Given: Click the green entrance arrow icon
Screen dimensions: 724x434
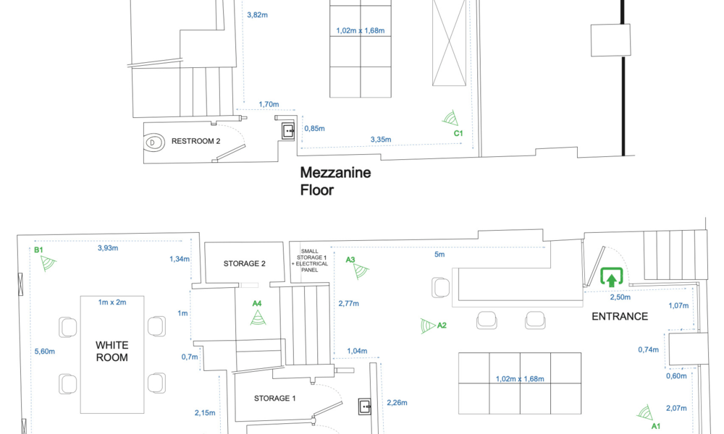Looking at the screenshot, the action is click(x=612, y=277).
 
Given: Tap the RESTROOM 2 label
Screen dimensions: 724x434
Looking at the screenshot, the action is click(x=195, y=141).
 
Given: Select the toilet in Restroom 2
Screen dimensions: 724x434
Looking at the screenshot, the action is click(x=154, y=142).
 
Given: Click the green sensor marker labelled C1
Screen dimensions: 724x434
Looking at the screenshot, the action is click(x=450, y=118).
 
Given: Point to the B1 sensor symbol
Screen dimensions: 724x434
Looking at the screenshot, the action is click(x=48, y=263).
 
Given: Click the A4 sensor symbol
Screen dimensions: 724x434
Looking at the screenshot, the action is click(x=258, y=318).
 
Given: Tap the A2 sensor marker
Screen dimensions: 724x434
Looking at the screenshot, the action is click(x=428, y=325).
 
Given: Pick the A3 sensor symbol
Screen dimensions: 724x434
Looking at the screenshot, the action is click(x=361, y=271).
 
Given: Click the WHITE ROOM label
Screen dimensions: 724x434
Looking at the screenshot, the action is click(x=111, y=352).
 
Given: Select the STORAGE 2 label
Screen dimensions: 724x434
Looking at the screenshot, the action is click(x=244, y=264).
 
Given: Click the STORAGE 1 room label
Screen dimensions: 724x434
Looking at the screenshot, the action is click(x=274, y=398).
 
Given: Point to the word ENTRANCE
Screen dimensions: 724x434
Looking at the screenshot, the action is click(x=620, y=316).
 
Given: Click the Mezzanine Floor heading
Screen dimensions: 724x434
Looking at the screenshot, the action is click(x=335, y=181).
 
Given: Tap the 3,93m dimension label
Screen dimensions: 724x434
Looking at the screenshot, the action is click(x=108, y=248).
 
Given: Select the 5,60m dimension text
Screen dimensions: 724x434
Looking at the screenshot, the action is click(x=45, y=352).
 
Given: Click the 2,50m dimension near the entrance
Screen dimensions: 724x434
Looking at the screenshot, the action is click(x=620, y=297).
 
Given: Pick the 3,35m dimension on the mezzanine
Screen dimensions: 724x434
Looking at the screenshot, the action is click(x=381, y=140).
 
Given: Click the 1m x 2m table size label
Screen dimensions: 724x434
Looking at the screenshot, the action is click(x=112, y=302).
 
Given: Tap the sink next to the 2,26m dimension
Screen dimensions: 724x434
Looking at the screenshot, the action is click(x=365, y=407).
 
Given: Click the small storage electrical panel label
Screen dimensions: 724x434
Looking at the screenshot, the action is click(x=309, y=260).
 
